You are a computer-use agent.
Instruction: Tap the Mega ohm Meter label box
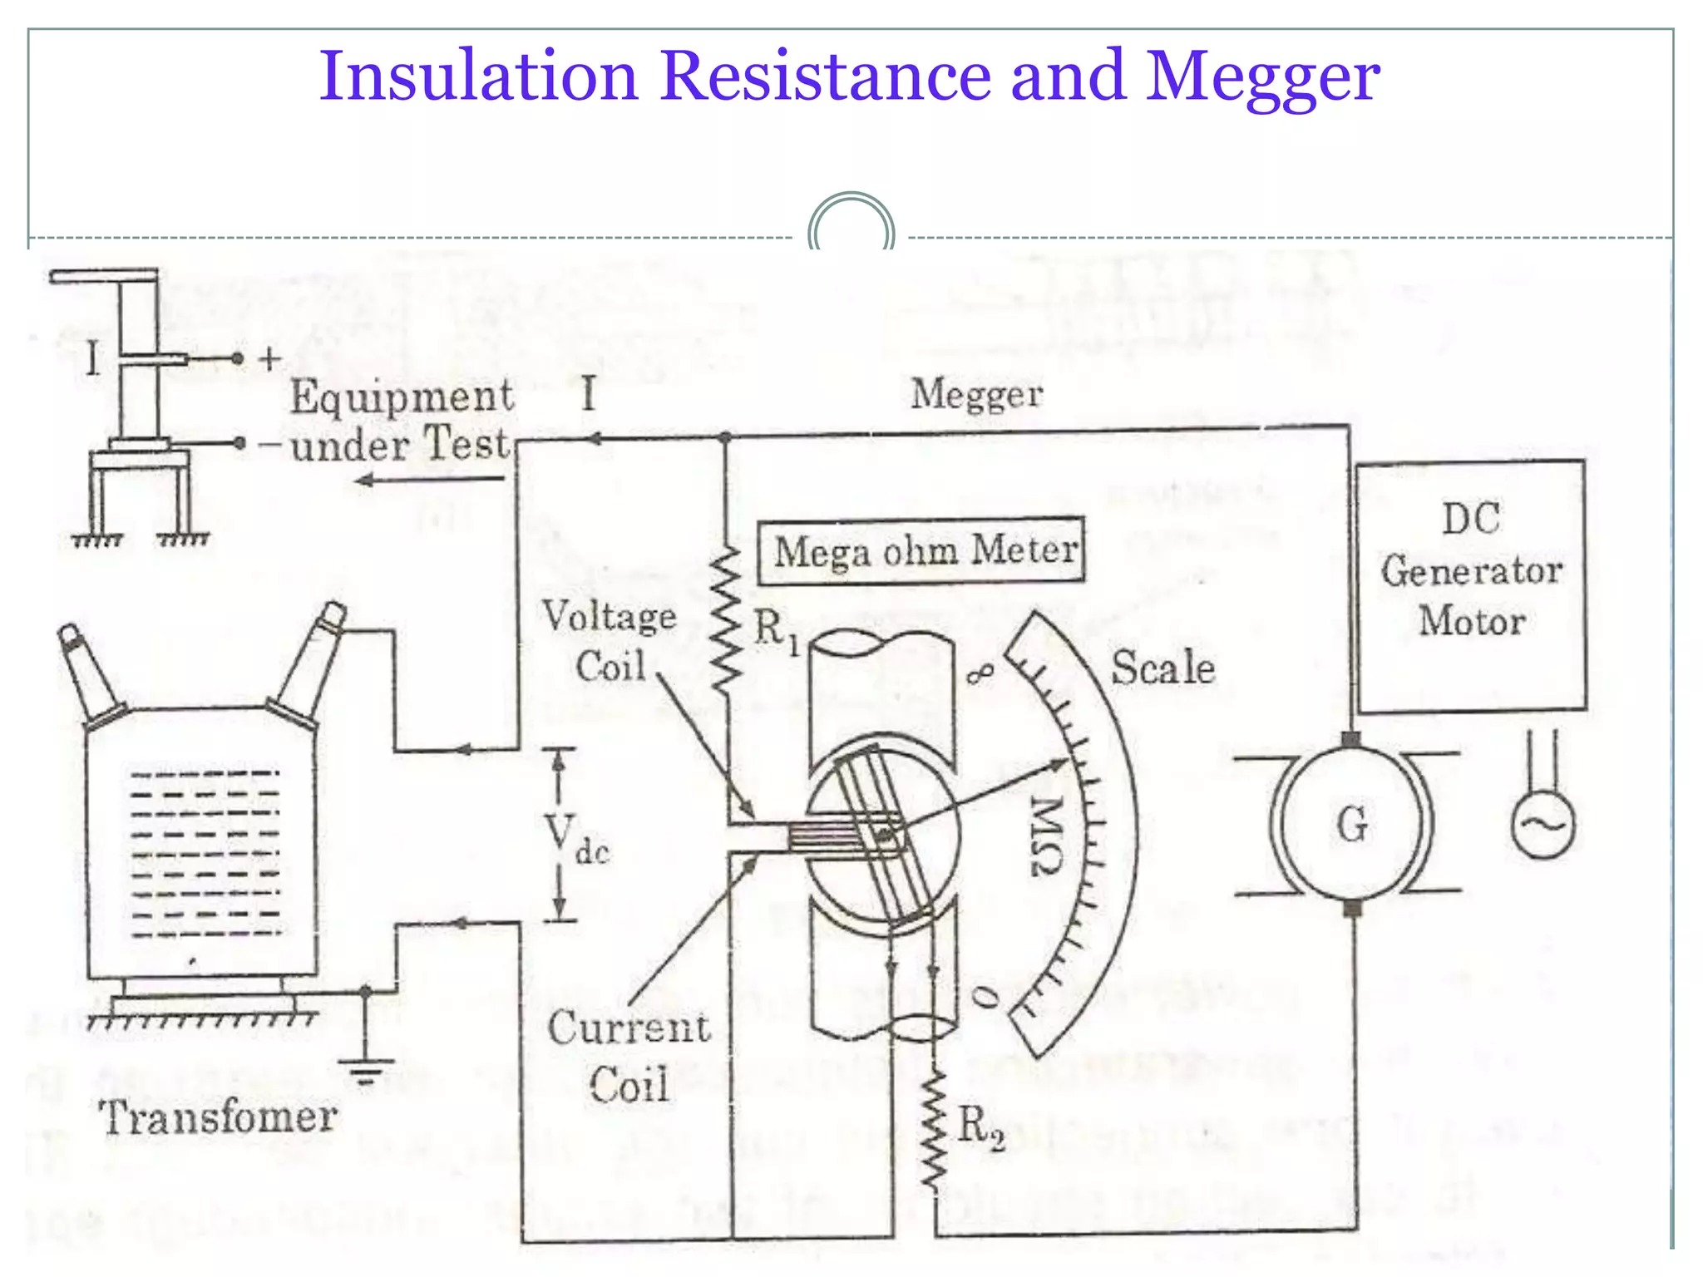921,551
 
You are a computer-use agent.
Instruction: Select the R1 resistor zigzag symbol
727,619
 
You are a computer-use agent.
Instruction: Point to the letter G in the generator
1352,825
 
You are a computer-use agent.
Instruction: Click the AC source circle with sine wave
1543,825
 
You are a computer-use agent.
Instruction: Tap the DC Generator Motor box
1470,586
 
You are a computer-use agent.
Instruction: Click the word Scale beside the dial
1163,668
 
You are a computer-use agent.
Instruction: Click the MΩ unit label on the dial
1046,836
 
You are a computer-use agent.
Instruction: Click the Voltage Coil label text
610,641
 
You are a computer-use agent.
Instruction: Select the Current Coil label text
629,1056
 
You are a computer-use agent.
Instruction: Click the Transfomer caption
218,1117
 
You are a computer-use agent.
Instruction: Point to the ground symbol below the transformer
366,1070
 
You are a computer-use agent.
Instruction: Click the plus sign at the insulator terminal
269,359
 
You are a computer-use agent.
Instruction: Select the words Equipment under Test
401,420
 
